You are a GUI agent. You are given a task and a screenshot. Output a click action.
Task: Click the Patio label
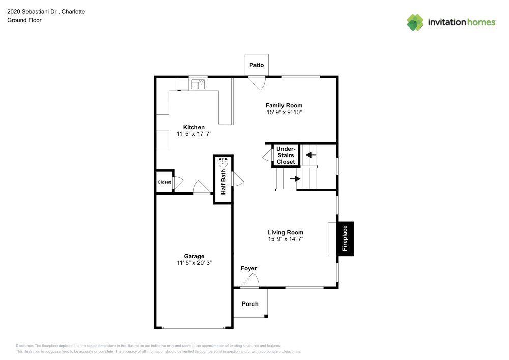tap(257, 65)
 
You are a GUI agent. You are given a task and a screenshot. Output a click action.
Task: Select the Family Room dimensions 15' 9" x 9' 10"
tap(284, 112)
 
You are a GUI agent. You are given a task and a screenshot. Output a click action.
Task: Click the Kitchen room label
tap(194, 127)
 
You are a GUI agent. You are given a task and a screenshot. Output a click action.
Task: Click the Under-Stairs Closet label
tap(286, 155)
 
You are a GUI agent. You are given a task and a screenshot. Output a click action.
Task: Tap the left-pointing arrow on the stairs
tap(310, 154)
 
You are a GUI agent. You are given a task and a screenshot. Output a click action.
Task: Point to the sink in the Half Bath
tap(223, 163)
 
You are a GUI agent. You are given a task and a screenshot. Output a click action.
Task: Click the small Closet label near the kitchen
tap(164, 182)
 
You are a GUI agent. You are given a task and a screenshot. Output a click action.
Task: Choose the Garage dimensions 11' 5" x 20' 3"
tap(194, 263)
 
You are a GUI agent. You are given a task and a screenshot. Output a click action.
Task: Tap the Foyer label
tap(249, 268)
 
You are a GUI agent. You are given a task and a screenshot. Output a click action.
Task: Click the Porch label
tap(250, 304)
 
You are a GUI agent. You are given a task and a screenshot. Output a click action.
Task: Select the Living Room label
tap(286, 232)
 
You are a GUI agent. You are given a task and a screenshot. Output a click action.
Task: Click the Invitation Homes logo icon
tap(415, 22)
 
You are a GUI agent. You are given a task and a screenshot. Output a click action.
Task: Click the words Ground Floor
tap(24, 20)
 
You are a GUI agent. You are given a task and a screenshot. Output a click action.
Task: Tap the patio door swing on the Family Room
tap(257, 83)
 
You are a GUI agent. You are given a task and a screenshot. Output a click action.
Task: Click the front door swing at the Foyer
tap(252, 281)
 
